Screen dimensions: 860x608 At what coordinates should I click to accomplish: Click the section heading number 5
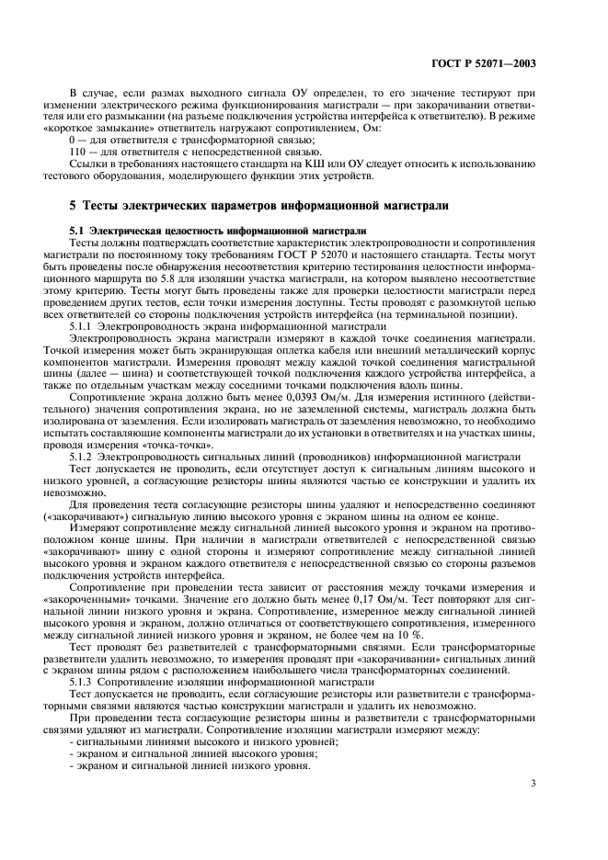[x=75, y=204]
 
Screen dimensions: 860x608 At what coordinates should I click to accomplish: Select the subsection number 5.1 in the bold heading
[x=77, y=229]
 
